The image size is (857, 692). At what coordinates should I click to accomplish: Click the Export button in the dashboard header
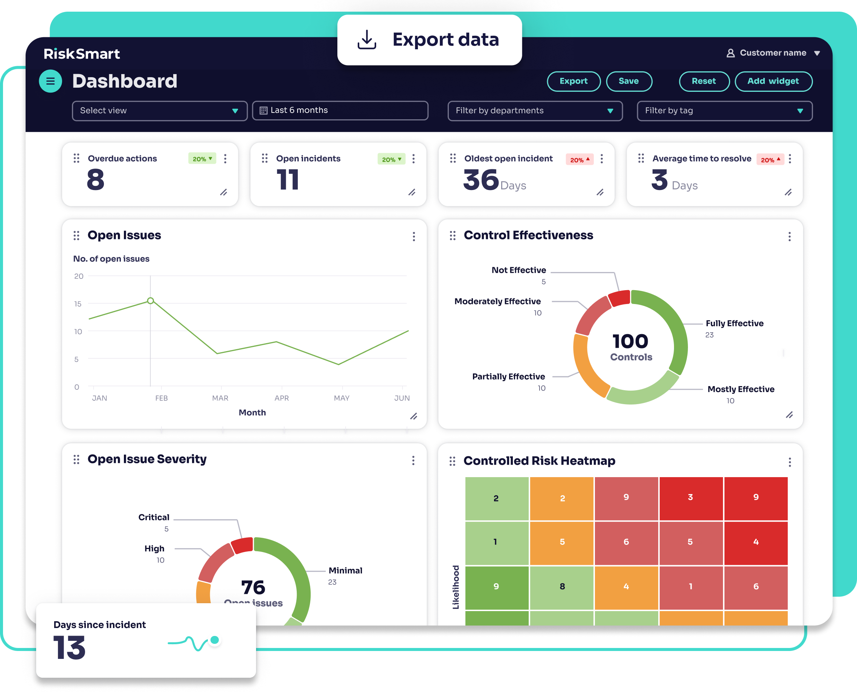pyautogui.click(x=573, y=81)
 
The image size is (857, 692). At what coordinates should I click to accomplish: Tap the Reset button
pyautogui.click(x=704, y=81)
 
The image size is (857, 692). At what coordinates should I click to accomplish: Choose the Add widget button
pyautogui.click(x=773, y=81)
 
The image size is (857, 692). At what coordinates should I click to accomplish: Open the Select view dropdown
pyautogui.click(x=160, y=111)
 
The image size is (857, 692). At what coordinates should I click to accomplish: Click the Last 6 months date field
pyautogui.click(x=340, y=110)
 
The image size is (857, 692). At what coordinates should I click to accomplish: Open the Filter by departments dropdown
pyautogui.click(x=535, y=111)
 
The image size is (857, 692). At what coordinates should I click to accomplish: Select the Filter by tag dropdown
pyautogui.click(x=724, y=111)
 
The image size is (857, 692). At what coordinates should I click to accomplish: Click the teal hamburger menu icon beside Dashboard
pyautogui.click(x=50, y=81)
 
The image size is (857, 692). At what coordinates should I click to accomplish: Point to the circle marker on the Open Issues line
pyautogui.click(x=150, y=301)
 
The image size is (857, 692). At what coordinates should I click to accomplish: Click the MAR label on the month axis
pyautogui.click(x=220, y=398)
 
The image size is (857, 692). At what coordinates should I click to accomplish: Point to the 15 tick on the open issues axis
pyautogui.click(x=78, y=304)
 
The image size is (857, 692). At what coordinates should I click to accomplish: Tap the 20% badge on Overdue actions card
pyautogui.click(x=202, y=159)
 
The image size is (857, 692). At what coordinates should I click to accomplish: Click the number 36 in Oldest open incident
pyautogui.click(x=481, y=180)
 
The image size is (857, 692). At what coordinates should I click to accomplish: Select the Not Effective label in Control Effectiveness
pyautogui.click(x=518, y=270)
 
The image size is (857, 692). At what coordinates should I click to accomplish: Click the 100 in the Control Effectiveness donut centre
pyautogui.click(x=630, y=341)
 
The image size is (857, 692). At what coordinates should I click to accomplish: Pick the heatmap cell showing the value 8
pyautogui.click(x=562, y=586)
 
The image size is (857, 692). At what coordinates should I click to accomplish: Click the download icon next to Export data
pyautogui.click(x=367, y=40)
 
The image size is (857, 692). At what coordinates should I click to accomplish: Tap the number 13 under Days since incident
pyautogui.click(x=69, y=647)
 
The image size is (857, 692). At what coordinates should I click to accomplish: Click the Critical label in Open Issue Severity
pyautogui.click(x=154, y=517)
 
